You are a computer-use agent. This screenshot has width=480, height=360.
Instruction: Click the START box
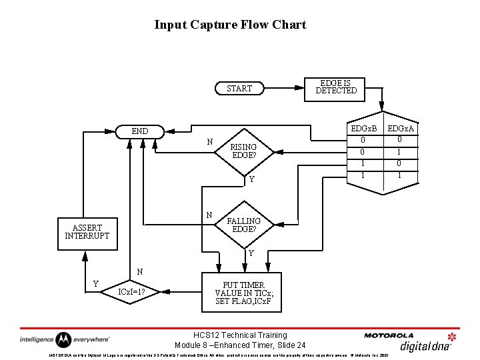point(239,88)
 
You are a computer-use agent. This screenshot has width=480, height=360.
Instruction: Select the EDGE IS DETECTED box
point(336,87)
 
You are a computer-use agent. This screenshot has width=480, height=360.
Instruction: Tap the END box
point(140,131)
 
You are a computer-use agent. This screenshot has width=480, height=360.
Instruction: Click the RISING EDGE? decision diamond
point(243,151)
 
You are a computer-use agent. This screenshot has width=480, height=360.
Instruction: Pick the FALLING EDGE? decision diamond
point(244,225)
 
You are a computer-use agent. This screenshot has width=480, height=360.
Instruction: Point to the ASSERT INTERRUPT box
point(87,231)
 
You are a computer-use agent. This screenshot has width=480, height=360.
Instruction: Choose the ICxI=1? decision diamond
point(132,291)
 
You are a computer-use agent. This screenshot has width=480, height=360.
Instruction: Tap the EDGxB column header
point(364,128)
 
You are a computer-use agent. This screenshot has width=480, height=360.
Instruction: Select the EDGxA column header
point(401,128)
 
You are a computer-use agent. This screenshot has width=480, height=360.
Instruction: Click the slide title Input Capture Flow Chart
point(230,25)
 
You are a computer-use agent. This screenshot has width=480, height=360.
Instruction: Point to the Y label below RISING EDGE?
point(251,179)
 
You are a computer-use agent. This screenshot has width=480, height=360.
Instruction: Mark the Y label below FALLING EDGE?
point(251,253)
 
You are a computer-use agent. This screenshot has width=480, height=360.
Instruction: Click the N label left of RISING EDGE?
point(209,142)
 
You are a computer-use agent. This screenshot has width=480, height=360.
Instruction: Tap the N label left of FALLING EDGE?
point(209,215)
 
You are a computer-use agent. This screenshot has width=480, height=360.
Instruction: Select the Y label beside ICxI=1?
point(96,283)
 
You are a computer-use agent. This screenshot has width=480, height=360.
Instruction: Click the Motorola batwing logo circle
point(63,339)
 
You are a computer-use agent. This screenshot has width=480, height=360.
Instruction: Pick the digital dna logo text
point(426,345)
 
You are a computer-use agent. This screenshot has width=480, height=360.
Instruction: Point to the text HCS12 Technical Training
point(240,335)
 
